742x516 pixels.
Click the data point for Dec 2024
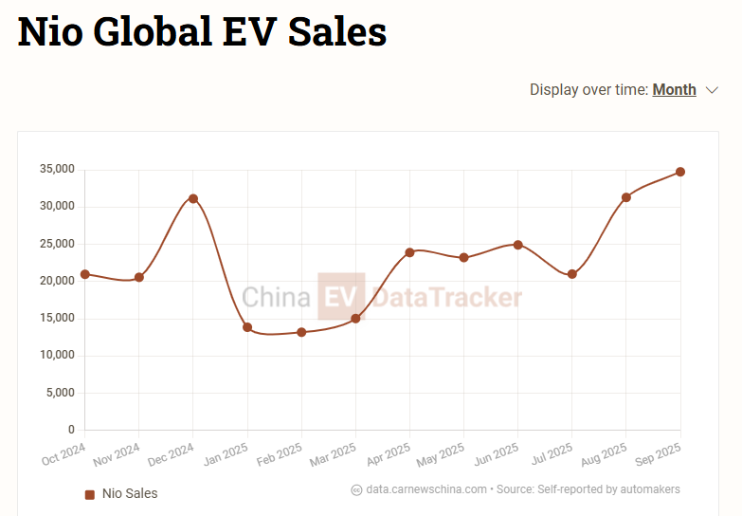[x=193, y=198]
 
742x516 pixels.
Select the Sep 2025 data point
[x=680, y=172]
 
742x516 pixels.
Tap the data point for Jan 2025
[x=247, y=327]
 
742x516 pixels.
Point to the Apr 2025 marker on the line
[x=409, y=252]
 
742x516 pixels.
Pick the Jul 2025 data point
[x=572, y=274]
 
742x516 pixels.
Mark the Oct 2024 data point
[x=85, y=274]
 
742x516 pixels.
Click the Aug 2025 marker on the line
[x=626, y=197]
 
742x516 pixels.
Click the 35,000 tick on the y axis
[x=57, y=169]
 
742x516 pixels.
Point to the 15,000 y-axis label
[x=57, y=319]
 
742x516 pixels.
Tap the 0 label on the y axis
[x=70, y=431]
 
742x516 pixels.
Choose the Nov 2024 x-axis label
[x=118, y=453]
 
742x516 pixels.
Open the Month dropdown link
[x=674, y=90]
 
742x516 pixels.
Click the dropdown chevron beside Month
[x=713, y=90]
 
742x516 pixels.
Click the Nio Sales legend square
[x=90, y=494]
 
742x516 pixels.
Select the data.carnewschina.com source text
[x=426, y=489]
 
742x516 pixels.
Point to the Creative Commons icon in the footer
[x=356, y=490]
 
